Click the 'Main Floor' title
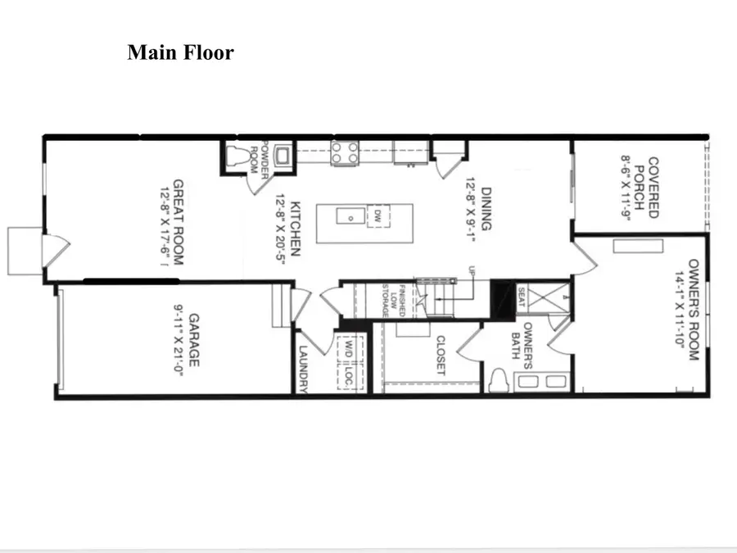click(180, 53)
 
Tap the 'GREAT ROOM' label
click(178, 221)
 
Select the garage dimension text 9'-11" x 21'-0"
click(175, 340)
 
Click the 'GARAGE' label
click(195, 340)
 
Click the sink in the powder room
click(283, 156)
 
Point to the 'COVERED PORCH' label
click(653, 188)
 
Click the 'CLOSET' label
click(441, 355)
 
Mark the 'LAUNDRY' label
click(302, 369)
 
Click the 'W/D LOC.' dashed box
click(347, 360)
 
